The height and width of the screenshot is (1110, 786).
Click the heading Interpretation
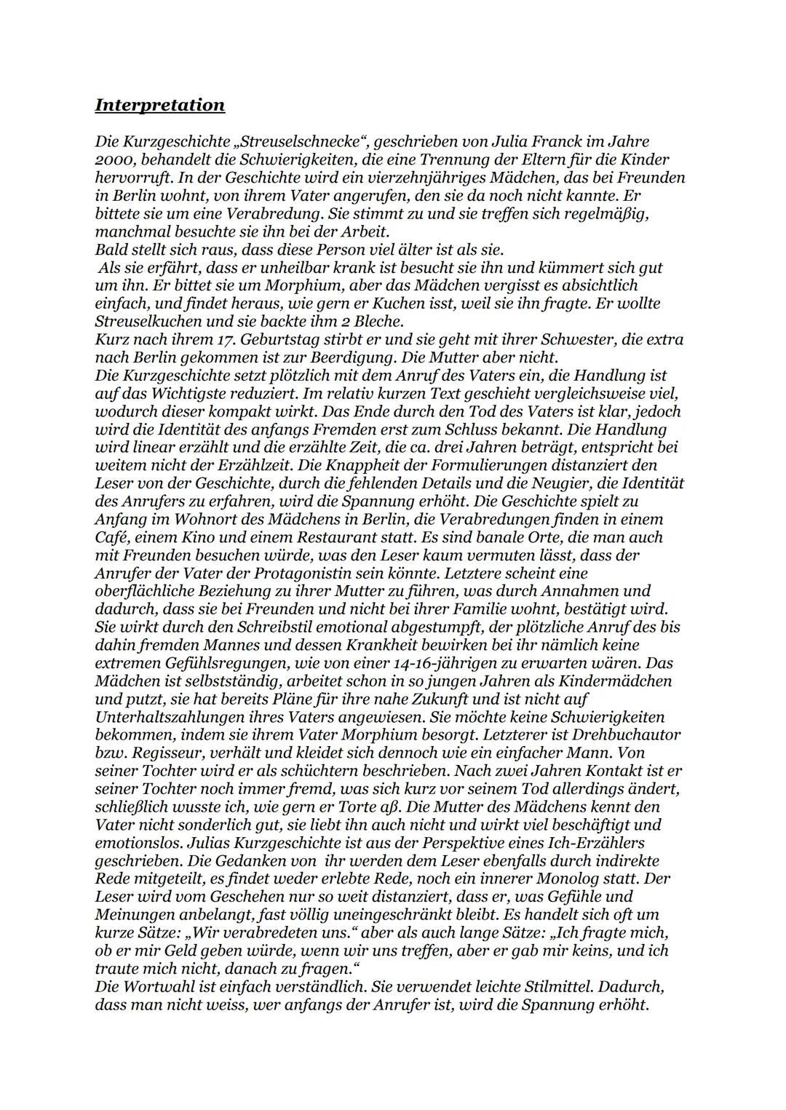point(159,105)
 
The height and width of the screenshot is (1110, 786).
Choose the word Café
point(111,537)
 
